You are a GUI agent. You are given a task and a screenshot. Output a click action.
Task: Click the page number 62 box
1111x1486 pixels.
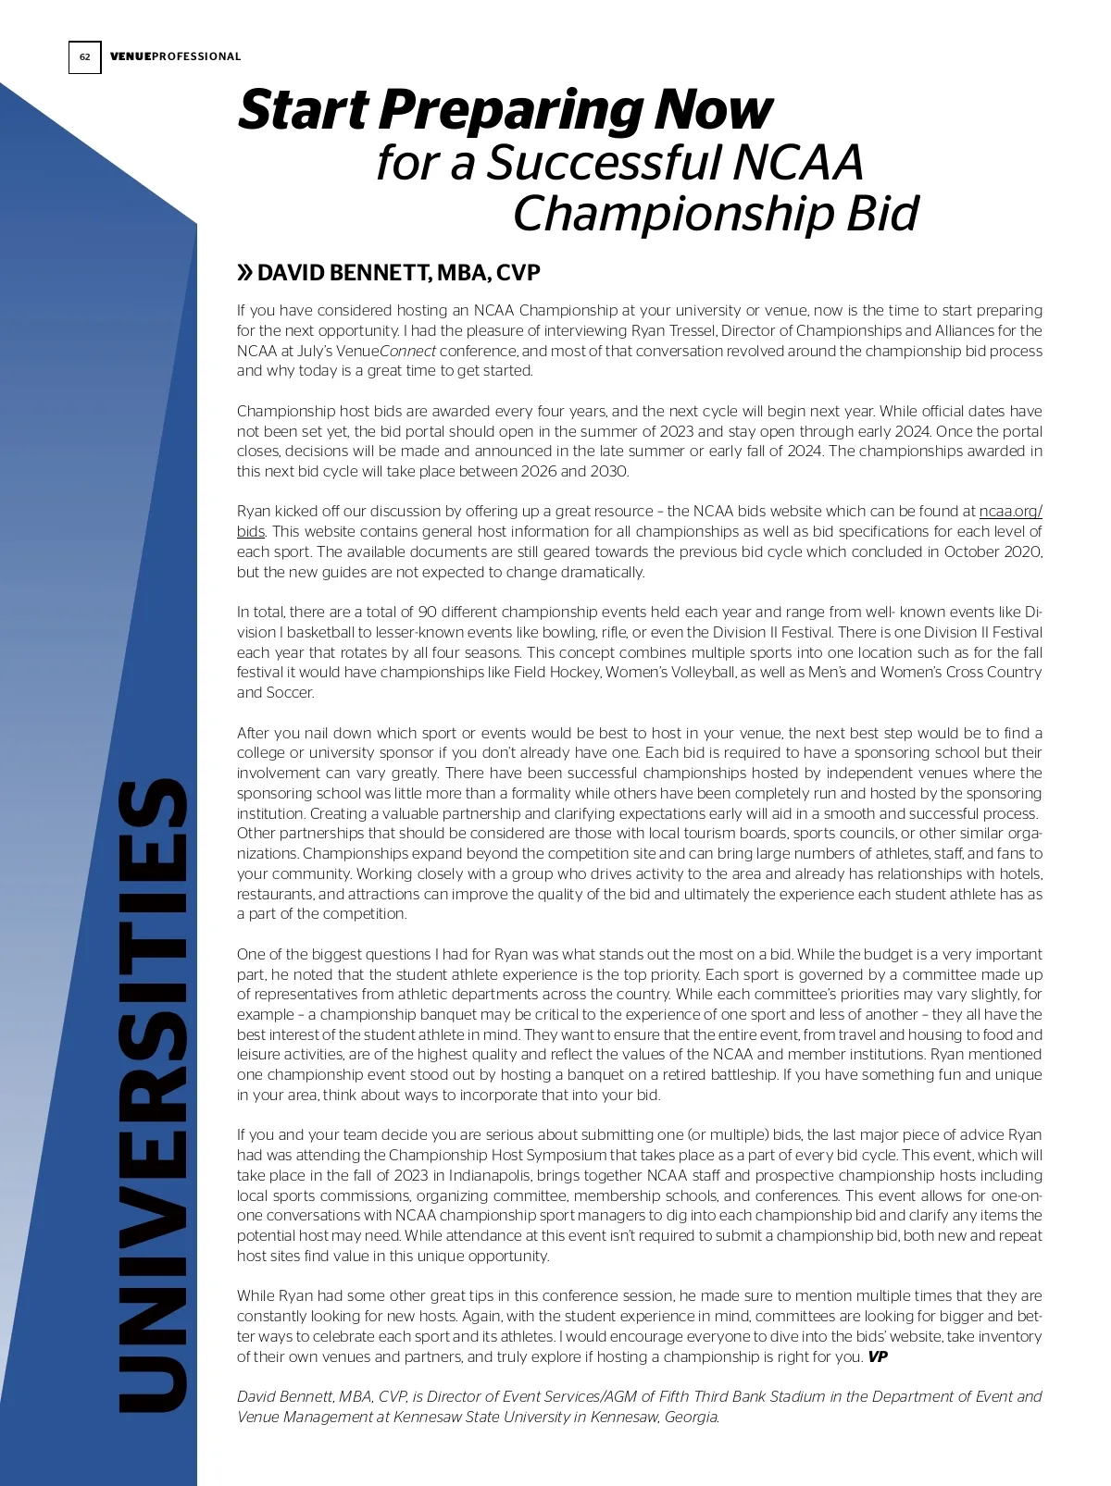click(84, 57)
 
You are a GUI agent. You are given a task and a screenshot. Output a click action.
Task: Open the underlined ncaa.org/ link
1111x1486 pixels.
click(1010, 511)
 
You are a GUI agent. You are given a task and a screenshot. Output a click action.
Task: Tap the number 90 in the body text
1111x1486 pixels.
click(428, 612)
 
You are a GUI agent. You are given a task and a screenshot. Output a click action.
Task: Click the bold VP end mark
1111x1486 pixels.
click(877, 1356)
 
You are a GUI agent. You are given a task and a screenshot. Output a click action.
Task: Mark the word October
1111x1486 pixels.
click(973, 551)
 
